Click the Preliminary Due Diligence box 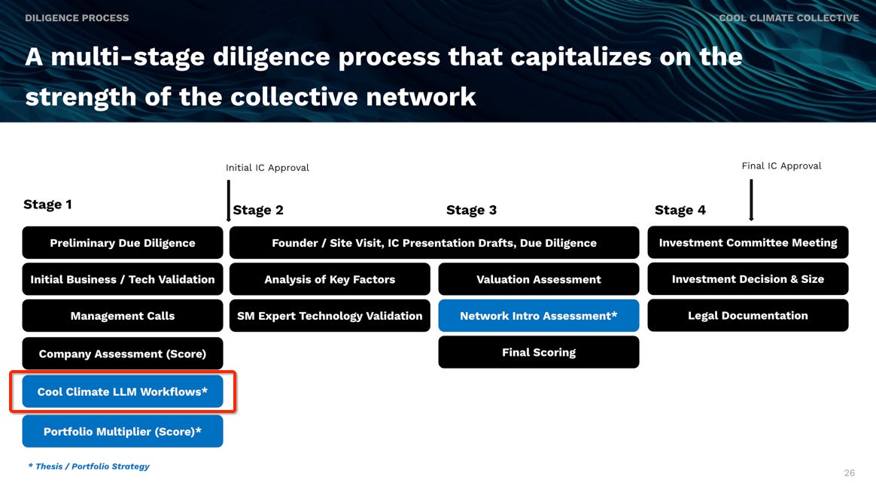[123, 242]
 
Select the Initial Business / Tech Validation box [123, 278]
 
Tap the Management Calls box [123, 315]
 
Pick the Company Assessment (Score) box [123, 354]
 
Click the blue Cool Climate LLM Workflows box [123, 391]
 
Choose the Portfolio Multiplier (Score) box [123, 431]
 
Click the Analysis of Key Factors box [330, 278]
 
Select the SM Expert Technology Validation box [330, 315]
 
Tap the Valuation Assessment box [539, 278]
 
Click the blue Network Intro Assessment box [539, 315]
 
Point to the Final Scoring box [539, 352]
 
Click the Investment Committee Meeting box [747, 242]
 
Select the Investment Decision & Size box [747, 278]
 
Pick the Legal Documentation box [747, 315]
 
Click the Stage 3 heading [471, 210]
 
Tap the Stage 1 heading [47, 205]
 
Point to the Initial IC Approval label [267, 168]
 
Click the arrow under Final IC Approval [751, 200]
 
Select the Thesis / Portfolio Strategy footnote [89, 466]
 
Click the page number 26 [849, 473]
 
